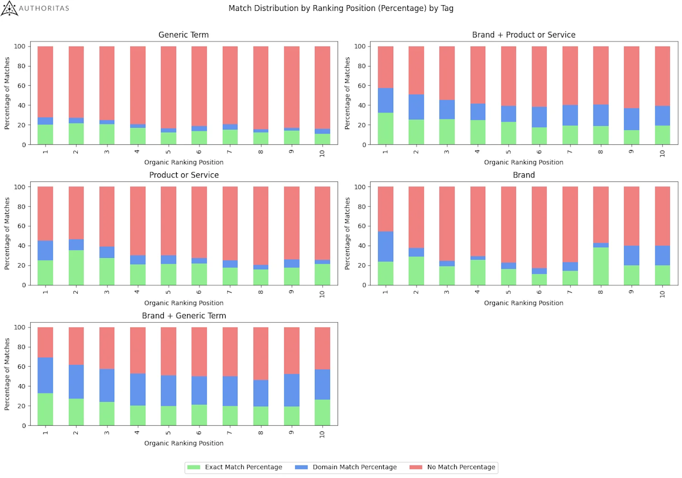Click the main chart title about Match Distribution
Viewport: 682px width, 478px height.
click(341, 9)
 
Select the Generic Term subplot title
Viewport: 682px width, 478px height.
click(183, 35)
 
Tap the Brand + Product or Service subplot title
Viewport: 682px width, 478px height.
click(523, 35)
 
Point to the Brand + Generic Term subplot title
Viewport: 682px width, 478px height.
click(183, 316)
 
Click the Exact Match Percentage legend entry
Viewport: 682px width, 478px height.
click(235, 467)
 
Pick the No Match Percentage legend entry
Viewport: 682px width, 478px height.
click(452, 467)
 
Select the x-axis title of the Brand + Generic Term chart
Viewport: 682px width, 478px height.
click(183, 443)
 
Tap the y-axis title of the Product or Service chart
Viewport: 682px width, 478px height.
click(7, 236)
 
